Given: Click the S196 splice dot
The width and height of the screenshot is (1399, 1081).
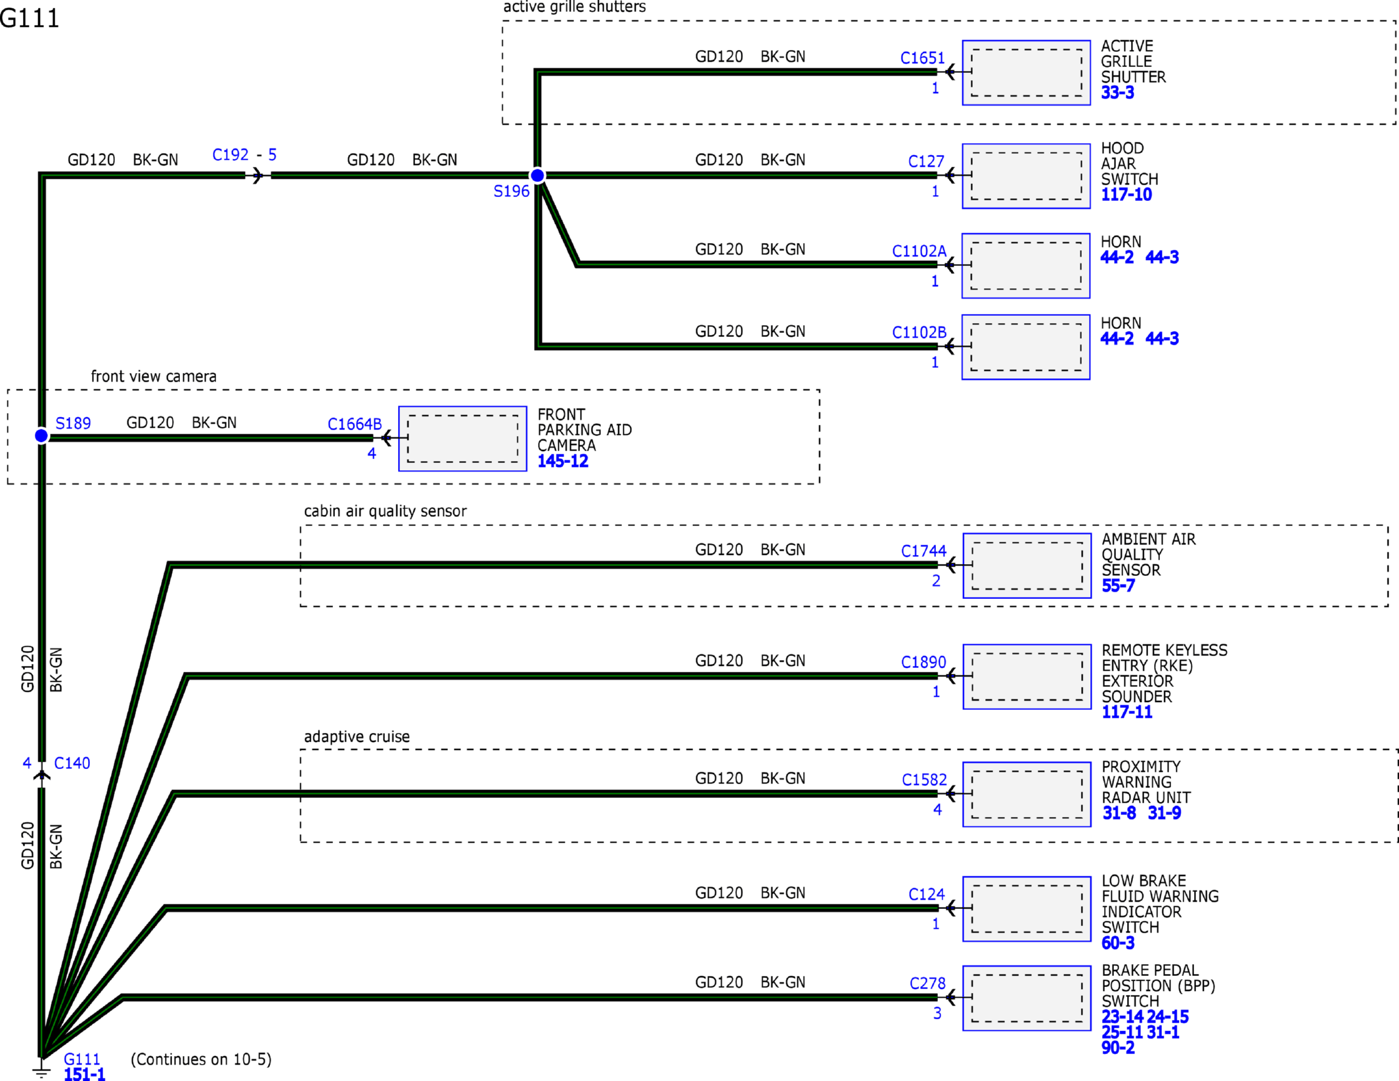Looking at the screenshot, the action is coord(537,175).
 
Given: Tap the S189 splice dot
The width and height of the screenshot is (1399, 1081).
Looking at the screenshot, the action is coord(41,435).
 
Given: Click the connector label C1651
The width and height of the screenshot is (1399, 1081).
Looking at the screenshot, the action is coord(922,58).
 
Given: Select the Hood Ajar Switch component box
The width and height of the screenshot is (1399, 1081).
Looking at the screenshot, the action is coord(1026,176).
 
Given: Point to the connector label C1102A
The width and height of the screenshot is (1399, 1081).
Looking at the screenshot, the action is coord(919,251).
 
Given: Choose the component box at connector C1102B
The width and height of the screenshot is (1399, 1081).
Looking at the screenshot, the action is coord(1026,347).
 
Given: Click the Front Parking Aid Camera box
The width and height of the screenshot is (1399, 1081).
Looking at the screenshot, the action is coord(462,439).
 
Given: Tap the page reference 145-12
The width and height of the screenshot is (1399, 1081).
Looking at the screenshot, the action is coord(563,461).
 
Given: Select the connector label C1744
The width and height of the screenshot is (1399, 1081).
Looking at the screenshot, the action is coord(923,551).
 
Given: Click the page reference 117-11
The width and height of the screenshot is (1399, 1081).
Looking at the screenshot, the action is coord(1127,712).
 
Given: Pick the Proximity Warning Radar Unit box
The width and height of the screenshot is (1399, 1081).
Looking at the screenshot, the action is coord(1027,794).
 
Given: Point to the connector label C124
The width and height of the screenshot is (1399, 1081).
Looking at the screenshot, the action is coord(926,894).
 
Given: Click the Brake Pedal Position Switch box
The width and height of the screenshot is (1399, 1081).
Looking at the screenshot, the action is coord(1027,998).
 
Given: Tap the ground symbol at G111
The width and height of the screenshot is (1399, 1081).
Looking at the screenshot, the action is coord(41,1070).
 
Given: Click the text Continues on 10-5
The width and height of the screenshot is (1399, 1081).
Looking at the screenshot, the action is coord(201,1059).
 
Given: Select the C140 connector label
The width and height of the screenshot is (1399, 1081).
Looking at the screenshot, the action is coord(72,763).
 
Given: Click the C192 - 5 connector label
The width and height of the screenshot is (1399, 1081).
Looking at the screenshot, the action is coord(244,155).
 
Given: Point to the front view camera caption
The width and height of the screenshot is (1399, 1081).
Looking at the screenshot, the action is coord(154,376).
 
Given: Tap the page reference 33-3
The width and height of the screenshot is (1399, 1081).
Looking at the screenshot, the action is coord(1117,93).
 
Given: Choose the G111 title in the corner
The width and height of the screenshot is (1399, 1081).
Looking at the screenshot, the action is coord(30,18).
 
